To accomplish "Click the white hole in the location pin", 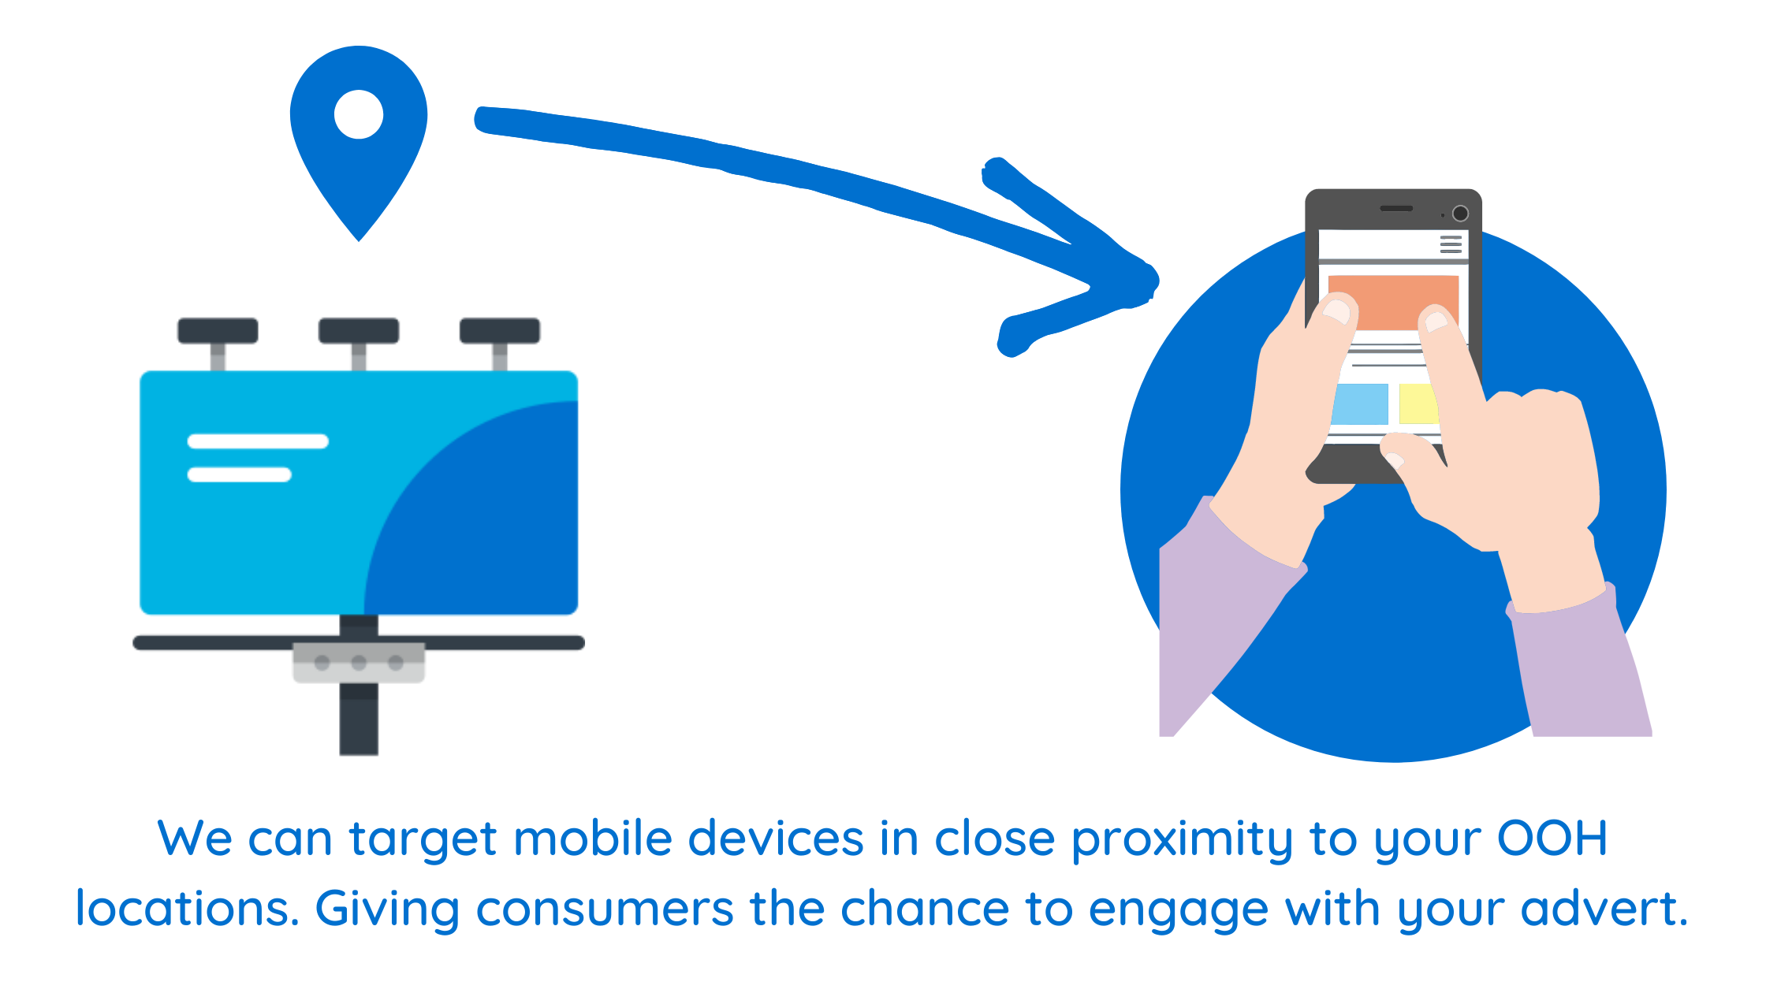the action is coord(359,114).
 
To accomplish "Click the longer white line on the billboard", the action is coord(258,441).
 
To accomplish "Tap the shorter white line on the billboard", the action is coord(240,474).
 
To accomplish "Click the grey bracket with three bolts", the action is coord(359,662).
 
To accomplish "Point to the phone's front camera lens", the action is coord(1460,213).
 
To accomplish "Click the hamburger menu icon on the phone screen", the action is coord(1451,244).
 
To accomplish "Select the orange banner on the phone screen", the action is coord(1393,302).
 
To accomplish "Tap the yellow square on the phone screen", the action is coord(1418,404).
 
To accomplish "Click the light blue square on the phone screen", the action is coord(1360,404).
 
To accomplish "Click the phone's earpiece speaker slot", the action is coord(1396,209).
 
